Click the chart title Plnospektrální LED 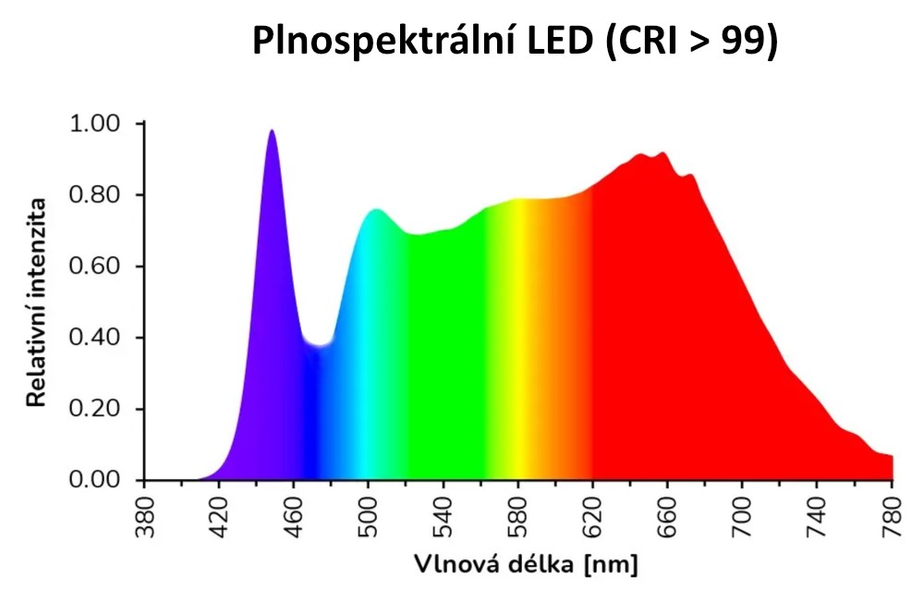coord(420,42)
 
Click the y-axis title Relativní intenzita coord(37,301)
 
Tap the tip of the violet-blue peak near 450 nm coord(272,131)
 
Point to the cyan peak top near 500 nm coord(375,211)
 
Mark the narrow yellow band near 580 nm coord(521,342)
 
